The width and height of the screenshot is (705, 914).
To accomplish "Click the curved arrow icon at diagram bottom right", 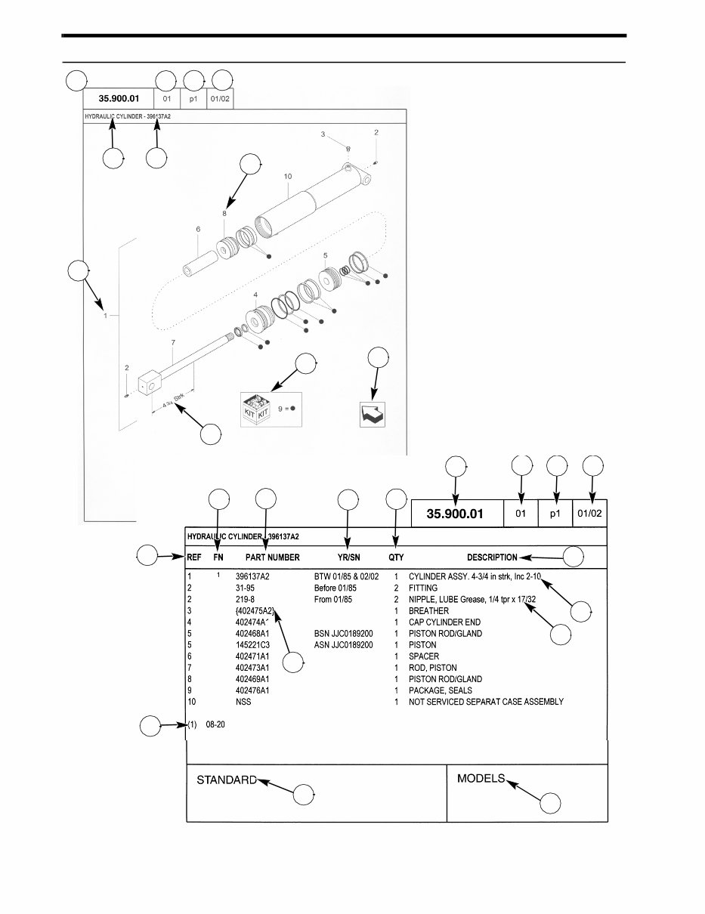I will (373, 414).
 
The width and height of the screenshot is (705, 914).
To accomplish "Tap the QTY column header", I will (396, 557).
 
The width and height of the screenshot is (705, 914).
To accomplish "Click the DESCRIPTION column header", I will (492, 557).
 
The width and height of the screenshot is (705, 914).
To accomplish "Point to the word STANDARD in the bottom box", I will (226, 780).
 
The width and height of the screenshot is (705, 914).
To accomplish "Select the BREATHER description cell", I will (428, 610).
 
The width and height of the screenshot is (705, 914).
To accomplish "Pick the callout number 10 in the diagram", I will (287, 176).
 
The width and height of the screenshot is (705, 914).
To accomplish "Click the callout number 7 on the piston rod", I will (173, 342).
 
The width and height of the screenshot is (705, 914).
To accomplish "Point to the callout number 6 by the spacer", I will (197, 229).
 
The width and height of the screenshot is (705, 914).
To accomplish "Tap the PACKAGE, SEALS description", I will (440, 690).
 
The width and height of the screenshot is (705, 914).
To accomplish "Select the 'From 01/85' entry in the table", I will (332, 599).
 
